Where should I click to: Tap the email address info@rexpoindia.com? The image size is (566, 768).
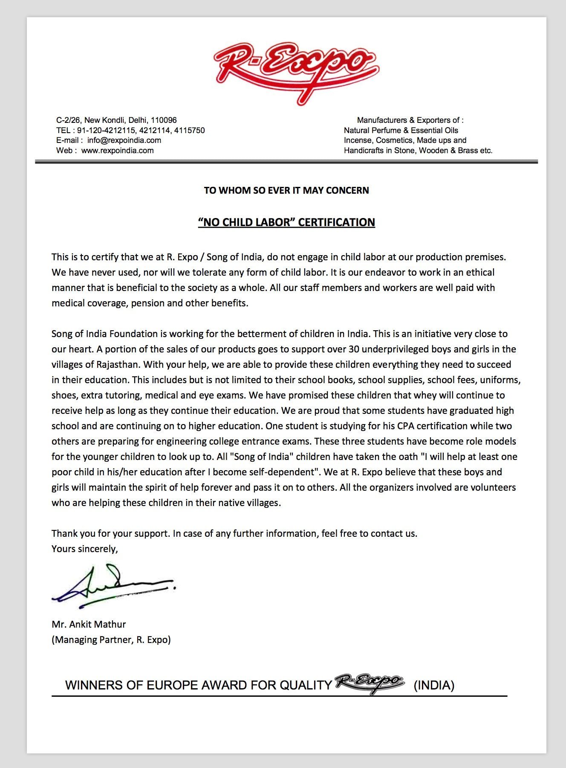pyautogui.click(x=124, y=140)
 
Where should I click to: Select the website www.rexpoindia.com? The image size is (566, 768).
pyautogui.click(x=117, y=151)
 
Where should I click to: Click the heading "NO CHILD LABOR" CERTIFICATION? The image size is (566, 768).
pyautogui.click(x=286, y=222)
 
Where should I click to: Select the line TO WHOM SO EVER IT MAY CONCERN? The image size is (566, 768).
pyautogui.click(x=286, y=190)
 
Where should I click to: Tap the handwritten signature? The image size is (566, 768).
pyautogui.click(x=113, y=585)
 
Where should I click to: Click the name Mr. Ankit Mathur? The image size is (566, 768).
pyautogui.click(x=89, y=624)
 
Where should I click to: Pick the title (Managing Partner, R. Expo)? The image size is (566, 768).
pyautogui.click(x=111, y=640)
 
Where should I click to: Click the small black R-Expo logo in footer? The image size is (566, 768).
pyautogui.click(x=369, y=683)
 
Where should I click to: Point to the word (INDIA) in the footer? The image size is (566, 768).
pyautogui.click(x=434, y=686)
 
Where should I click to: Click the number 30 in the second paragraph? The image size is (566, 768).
pyautogui.click(x=354, y=349)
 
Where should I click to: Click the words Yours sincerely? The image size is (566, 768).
pyautogui.click(x=85, y=549)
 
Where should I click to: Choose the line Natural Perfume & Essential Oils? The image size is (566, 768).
pyautogui.click(x=401, y=131)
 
